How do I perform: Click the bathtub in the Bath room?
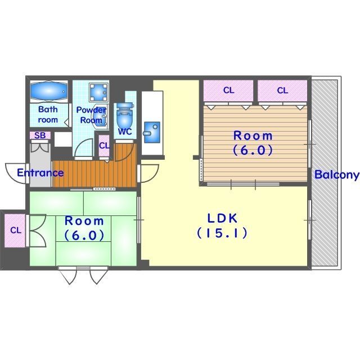49,91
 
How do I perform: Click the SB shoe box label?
40,136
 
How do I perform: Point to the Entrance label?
40,173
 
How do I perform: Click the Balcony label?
336,174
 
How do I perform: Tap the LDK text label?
222,218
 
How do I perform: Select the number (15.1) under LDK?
222,233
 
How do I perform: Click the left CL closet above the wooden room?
228,91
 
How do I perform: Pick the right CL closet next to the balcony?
282,91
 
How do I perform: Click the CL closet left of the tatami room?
15,231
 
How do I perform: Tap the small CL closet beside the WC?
104,146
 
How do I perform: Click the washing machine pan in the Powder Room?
99,92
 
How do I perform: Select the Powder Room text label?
91,115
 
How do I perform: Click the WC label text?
125,132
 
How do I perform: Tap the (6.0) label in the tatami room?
84,235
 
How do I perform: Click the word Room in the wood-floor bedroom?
253,136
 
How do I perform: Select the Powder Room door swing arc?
84,147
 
